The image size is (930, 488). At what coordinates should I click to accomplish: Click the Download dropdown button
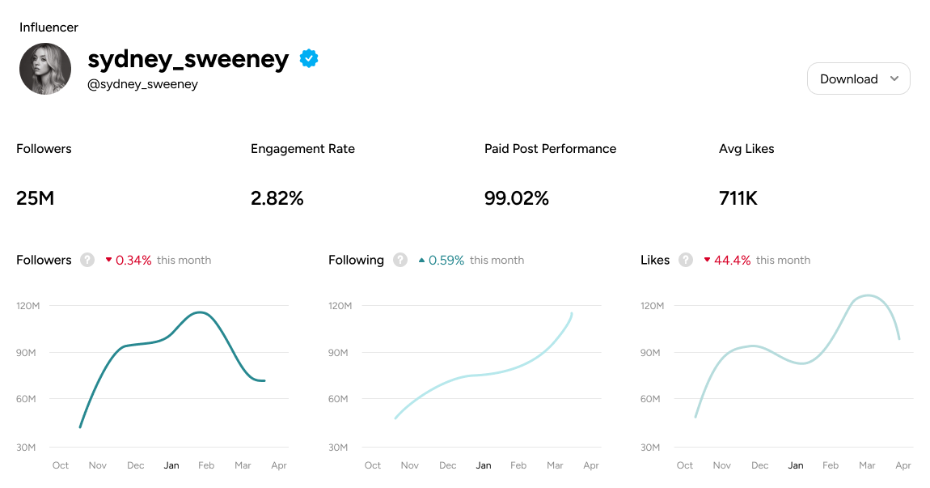[x=858, y=79]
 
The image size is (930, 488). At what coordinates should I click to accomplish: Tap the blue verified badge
[x=309, y=58]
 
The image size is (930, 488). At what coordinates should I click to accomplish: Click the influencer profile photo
[x=45, y=69]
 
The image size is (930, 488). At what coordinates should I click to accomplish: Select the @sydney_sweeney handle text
[x=142, y=84]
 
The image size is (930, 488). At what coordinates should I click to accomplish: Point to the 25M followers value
[x=35, y=197]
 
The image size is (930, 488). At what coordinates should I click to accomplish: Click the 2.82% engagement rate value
[x=277, y=197]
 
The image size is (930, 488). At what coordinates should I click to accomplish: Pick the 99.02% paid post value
[x=516, y=197]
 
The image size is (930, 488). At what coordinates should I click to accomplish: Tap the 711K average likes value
[x=738, y=197]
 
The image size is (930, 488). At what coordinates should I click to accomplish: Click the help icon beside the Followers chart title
[x=87, y=260]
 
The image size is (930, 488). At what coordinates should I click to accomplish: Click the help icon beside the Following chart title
[x=400, y=260]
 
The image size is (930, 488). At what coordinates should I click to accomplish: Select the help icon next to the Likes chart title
[x=686, y=260]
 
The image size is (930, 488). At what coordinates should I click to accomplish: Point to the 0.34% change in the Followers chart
[x=133, y=260]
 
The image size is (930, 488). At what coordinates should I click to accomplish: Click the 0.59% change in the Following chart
[x=446, y=260]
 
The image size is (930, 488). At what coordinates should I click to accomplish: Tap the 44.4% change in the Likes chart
[x=732, y=260]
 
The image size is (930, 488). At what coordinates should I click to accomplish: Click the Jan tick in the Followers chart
[x=171, y=465]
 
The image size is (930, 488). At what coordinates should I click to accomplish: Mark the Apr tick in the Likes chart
[x=903, y=465]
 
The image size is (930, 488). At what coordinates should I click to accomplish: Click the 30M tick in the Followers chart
[x=27, y=448]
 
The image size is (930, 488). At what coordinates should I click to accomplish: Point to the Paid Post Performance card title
[x=550, y=149]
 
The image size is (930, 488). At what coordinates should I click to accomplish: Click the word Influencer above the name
[x=49, y=28]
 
